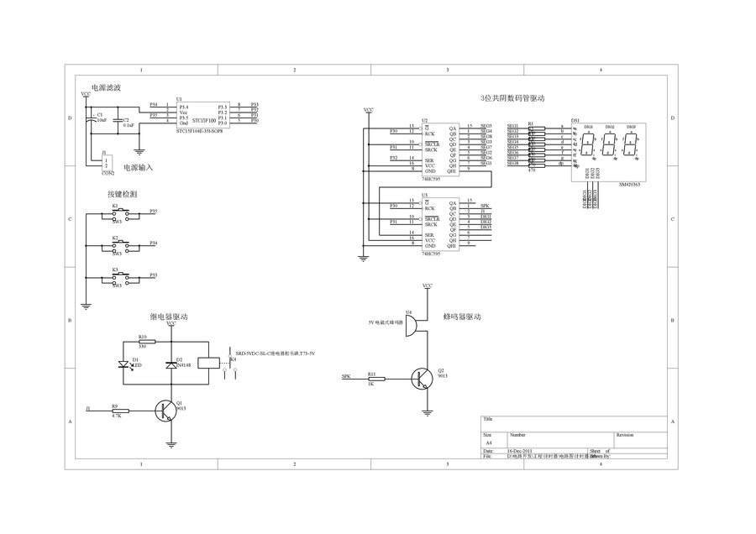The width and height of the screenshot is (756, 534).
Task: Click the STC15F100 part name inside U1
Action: click(202, 120)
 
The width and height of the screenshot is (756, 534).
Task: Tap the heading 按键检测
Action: click(123, 193)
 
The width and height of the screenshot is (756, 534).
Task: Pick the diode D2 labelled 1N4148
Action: click(171, 364)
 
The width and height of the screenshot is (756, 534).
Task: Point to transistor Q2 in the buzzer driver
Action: click(423, 379)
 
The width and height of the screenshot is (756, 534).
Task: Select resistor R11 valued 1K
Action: click(375, 379)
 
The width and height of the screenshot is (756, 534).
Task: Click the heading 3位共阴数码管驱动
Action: click(512, 98)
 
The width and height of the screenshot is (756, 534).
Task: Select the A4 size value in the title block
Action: click(489, 442)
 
